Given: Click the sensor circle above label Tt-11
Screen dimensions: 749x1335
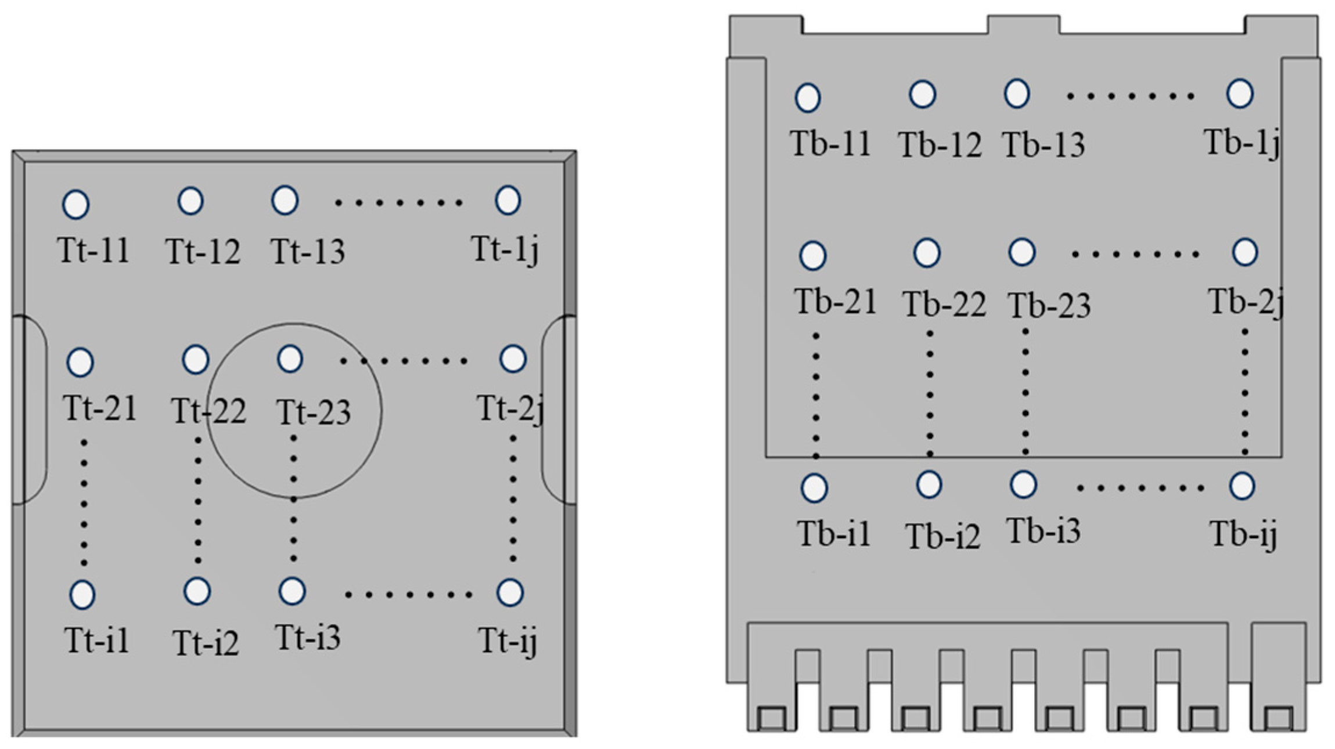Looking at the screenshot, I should [75, 204].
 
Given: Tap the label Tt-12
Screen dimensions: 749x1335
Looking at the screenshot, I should [203, 252].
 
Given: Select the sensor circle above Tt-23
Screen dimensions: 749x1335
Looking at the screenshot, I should [290, 359].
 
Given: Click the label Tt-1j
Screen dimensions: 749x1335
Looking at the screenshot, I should [505, 250].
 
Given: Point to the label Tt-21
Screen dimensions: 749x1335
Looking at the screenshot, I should [100, 408].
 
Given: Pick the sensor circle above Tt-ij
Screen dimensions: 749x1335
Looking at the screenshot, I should [510, 592].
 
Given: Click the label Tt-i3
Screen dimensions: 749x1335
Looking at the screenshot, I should [307, 637].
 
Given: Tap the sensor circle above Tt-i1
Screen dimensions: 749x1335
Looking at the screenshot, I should [82, 595].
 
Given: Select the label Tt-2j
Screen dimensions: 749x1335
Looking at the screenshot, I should [510, 409].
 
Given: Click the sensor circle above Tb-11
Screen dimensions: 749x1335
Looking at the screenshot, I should [807, 97].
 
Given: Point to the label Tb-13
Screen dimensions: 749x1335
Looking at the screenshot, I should [1043, 144].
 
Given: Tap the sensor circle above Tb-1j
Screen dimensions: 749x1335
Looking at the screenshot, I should [1239, 93].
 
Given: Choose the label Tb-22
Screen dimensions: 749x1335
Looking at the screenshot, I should [944, 304].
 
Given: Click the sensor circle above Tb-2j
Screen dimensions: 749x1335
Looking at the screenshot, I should [1244, 252].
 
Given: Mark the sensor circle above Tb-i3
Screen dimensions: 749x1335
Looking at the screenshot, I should [1023, 484].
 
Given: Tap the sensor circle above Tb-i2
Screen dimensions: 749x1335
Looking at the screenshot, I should [929, 484].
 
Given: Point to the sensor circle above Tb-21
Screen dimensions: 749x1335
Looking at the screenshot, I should [812, 255].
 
